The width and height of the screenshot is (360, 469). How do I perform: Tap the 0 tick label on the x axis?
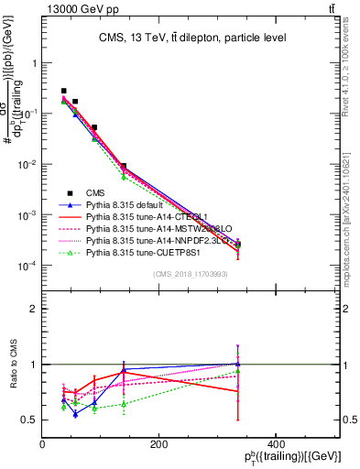tap(43, 445)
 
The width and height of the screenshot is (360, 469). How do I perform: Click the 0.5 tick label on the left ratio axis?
tap(30, 420)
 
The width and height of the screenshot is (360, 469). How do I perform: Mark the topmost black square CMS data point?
tap(63, 92)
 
